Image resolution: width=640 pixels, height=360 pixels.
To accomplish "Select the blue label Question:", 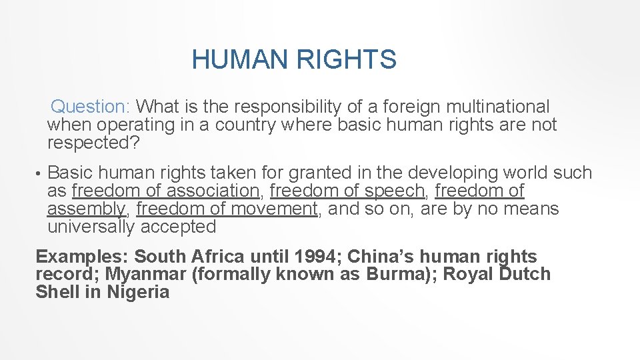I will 93,106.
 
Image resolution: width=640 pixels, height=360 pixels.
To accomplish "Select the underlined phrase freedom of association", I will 165,191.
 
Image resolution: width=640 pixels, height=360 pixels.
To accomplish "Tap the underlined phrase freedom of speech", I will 347,191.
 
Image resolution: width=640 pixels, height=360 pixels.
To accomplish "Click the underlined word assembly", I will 86,209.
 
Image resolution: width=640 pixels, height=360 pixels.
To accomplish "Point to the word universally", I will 91,227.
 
